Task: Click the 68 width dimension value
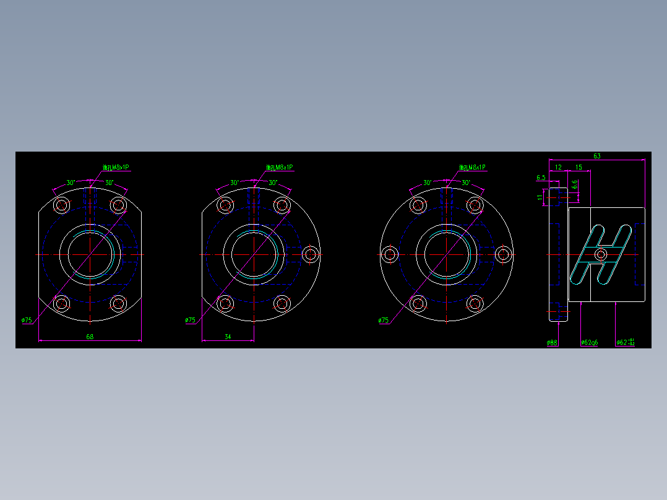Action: pyautogui.click(x=90, y=337)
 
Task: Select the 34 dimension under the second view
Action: pyautogui.click(x=228, y=337)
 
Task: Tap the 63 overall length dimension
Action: pyautogui.click(x=596, y=156)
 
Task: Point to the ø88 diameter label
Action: pyautogui.click(x=552, y=342)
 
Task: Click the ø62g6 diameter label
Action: pyautogui.click(x=589, y=342)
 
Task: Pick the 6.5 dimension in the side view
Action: pyautogui.click(x=541, y=178)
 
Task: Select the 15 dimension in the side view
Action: pyautogui.click(x=579, y=167)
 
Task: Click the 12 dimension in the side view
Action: pyautogui.click(x=558, y=167)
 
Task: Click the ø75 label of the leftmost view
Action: pyautogui.click(x=27, y=320)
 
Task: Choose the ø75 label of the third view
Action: pyautogui.click(x=384, y=321)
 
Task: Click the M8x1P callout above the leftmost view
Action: pyautogui.click(x=116, y=167)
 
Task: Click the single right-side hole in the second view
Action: pyautogui.click(x=311, y=254)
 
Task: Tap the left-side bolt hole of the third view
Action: pyautogui.click(x=390, y=254)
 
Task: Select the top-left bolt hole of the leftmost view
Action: pyautogui.click(x=62, y=205)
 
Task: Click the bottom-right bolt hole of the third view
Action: pyautogui.click(x=475, y=303)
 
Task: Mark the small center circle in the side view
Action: pyautogui.click(x=601, y=254)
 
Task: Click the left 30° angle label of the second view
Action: pyautogui.click(x=235, y=183)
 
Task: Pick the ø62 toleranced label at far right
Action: pyautogui.click(x=625, y=342)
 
